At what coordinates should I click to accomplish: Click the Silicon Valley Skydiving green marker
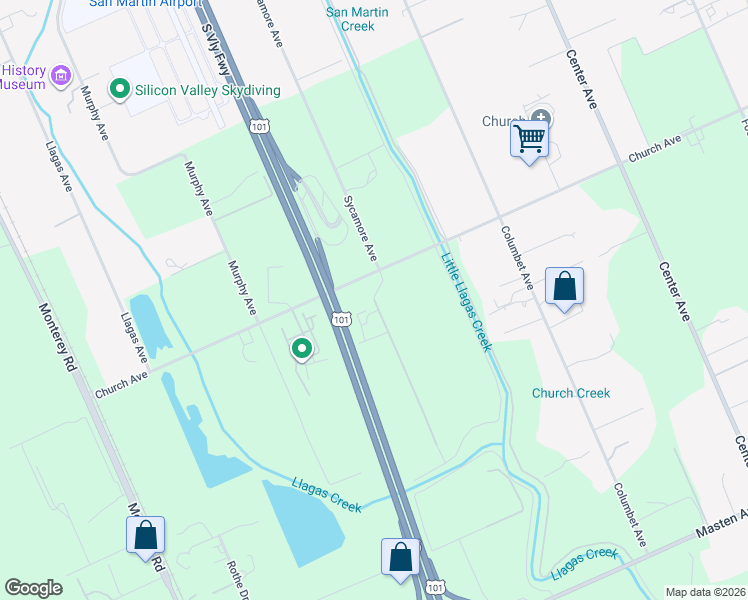[x=121, y=90]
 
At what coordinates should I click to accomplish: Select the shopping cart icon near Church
[x=529, y=137]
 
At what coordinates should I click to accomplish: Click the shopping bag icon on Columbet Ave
[x=565, y=286]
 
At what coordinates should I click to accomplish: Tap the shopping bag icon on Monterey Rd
[x=145, y=535]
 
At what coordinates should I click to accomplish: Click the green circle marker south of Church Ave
[x=301, y=349]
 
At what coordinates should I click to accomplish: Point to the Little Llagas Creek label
[x=466, y=301]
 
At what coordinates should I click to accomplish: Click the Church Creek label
[x=571, y=393]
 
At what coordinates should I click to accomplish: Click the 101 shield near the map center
[x=342, y=319]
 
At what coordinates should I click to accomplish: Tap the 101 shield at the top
[x=259, y=126]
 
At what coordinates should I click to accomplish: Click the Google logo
[x=33, y=588]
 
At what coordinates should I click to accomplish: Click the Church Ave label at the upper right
[x=654, y=148]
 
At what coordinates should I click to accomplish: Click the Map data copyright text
[x=705, y=592]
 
